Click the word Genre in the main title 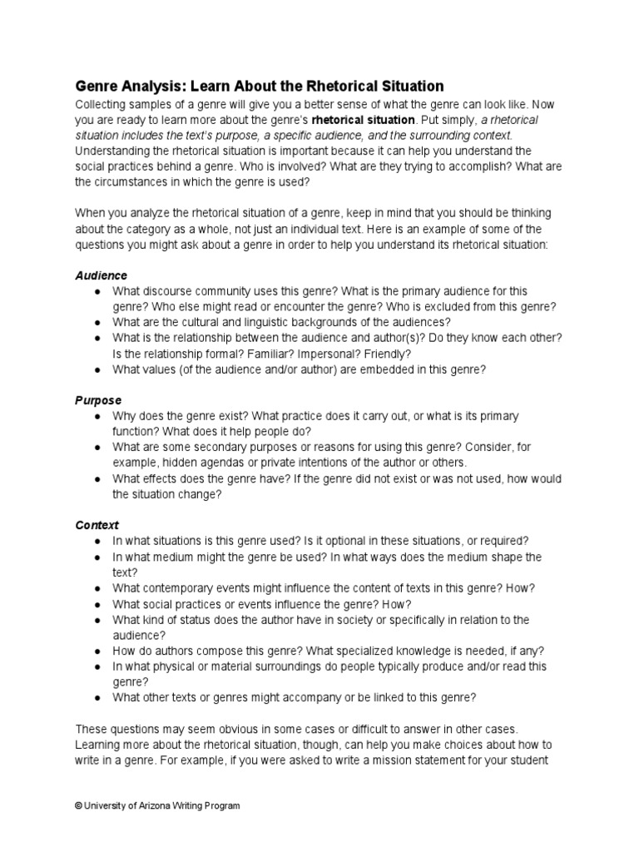coord(97,87)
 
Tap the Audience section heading coord(101,275)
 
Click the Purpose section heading coord(98,400)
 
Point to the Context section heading coord(97,525)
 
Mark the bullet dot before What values coord(98,369)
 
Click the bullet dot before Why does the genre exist coord(98,416)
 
